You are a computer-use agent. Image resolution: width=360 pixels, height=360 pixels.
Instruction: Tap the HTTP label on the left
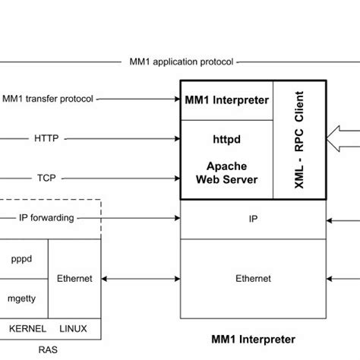[x=46, y=139]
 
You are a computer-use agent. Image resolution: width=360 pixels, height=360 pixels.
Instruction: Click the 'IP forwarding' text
[x=46, y=218]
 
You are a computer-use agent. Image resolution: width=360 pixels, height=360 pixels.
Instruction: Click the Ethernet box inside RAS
[x=74, y=279]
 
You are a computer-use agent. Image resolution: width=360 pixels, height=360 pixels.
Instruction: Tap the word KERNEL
[x=26, y=328]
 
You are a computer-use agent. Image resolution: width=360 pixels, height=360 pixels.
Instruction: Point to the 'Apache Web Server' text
[x=226, y=172]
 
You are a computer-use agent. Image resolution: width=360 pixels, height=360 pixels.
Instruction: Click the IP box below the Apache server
[x=254, y=218]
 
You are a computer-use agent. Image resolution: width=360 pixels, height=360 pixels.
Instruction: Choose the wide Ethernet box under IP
[x=254, y=279]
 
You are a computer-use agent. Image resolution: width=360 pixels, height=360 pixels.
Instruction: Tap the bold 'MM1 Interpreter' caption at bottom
[x=253, y=339]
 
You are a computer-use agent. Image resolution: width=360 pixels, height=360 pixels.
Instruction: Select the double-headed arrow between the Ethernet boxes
[x=141, y=279]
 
